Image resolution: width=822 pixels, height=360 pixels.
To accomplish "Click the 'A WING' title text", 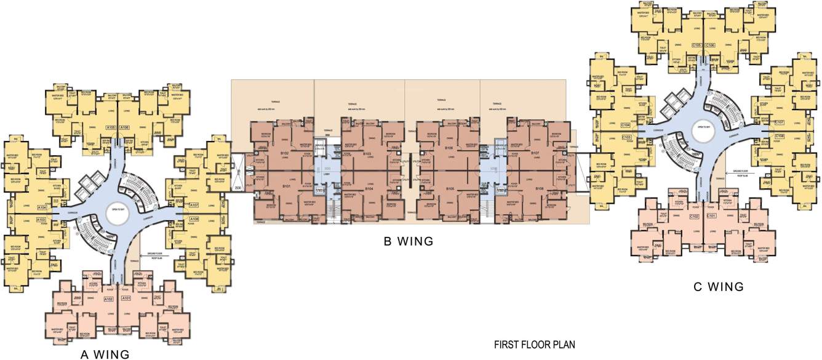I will click(105, 354).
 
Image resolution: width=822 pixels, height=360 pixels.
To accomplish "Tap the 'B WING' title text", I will click(409, 242).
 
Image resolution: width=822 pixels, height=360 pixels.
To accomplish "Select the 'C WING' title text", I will click(719, 286).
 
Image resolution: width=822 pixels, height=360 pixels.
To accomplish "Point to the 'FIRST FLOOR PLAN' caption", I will click(535, 345).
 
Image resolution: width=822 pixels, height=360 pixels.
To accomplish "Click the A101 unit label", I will click(127, 299).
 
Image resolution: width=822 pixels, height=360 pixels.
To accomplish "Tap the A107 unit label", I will click(194, 205).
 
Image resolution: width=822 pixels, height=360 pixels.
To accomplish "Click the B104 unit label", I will click(369, 189).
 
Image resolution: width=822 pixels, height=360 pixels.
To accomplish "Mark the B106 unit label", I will click(449, 148).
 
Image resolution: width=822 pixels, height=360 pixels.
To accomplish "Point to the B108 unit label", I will click(539, 189).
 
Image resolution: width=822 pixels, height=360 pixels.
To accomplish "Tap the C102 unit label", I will click(695, 217).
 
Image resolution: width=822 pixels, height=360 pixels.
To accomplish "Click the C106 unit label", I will click(711, 45).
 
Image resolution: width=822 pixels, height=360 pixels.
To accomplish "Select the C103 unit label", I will click(627, 137).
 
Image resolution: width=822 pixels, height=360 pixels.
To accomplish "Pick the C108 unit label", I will click(780, 135).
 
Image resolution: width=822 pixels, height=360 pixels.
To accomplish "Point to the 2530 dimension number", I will click(237, 188).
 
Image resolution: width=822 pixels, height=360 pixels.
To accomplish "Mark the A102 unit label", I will click(109, 299).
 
